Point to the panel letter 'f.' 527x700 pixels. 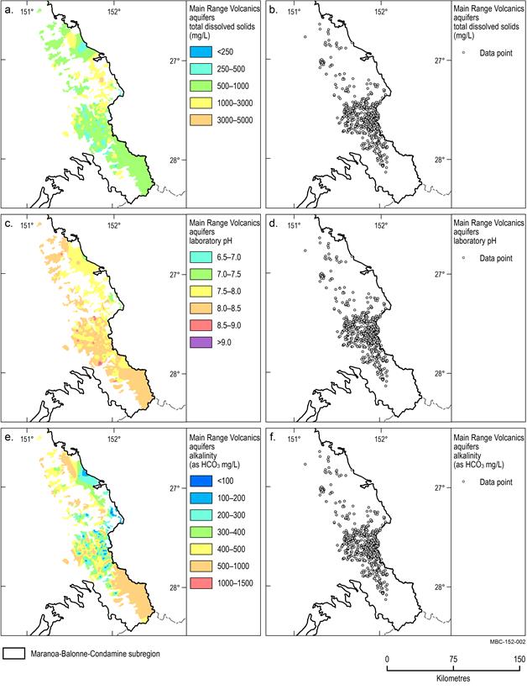tap(273, 437)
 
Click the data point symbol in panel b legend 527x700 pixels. tap(462, 53)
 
